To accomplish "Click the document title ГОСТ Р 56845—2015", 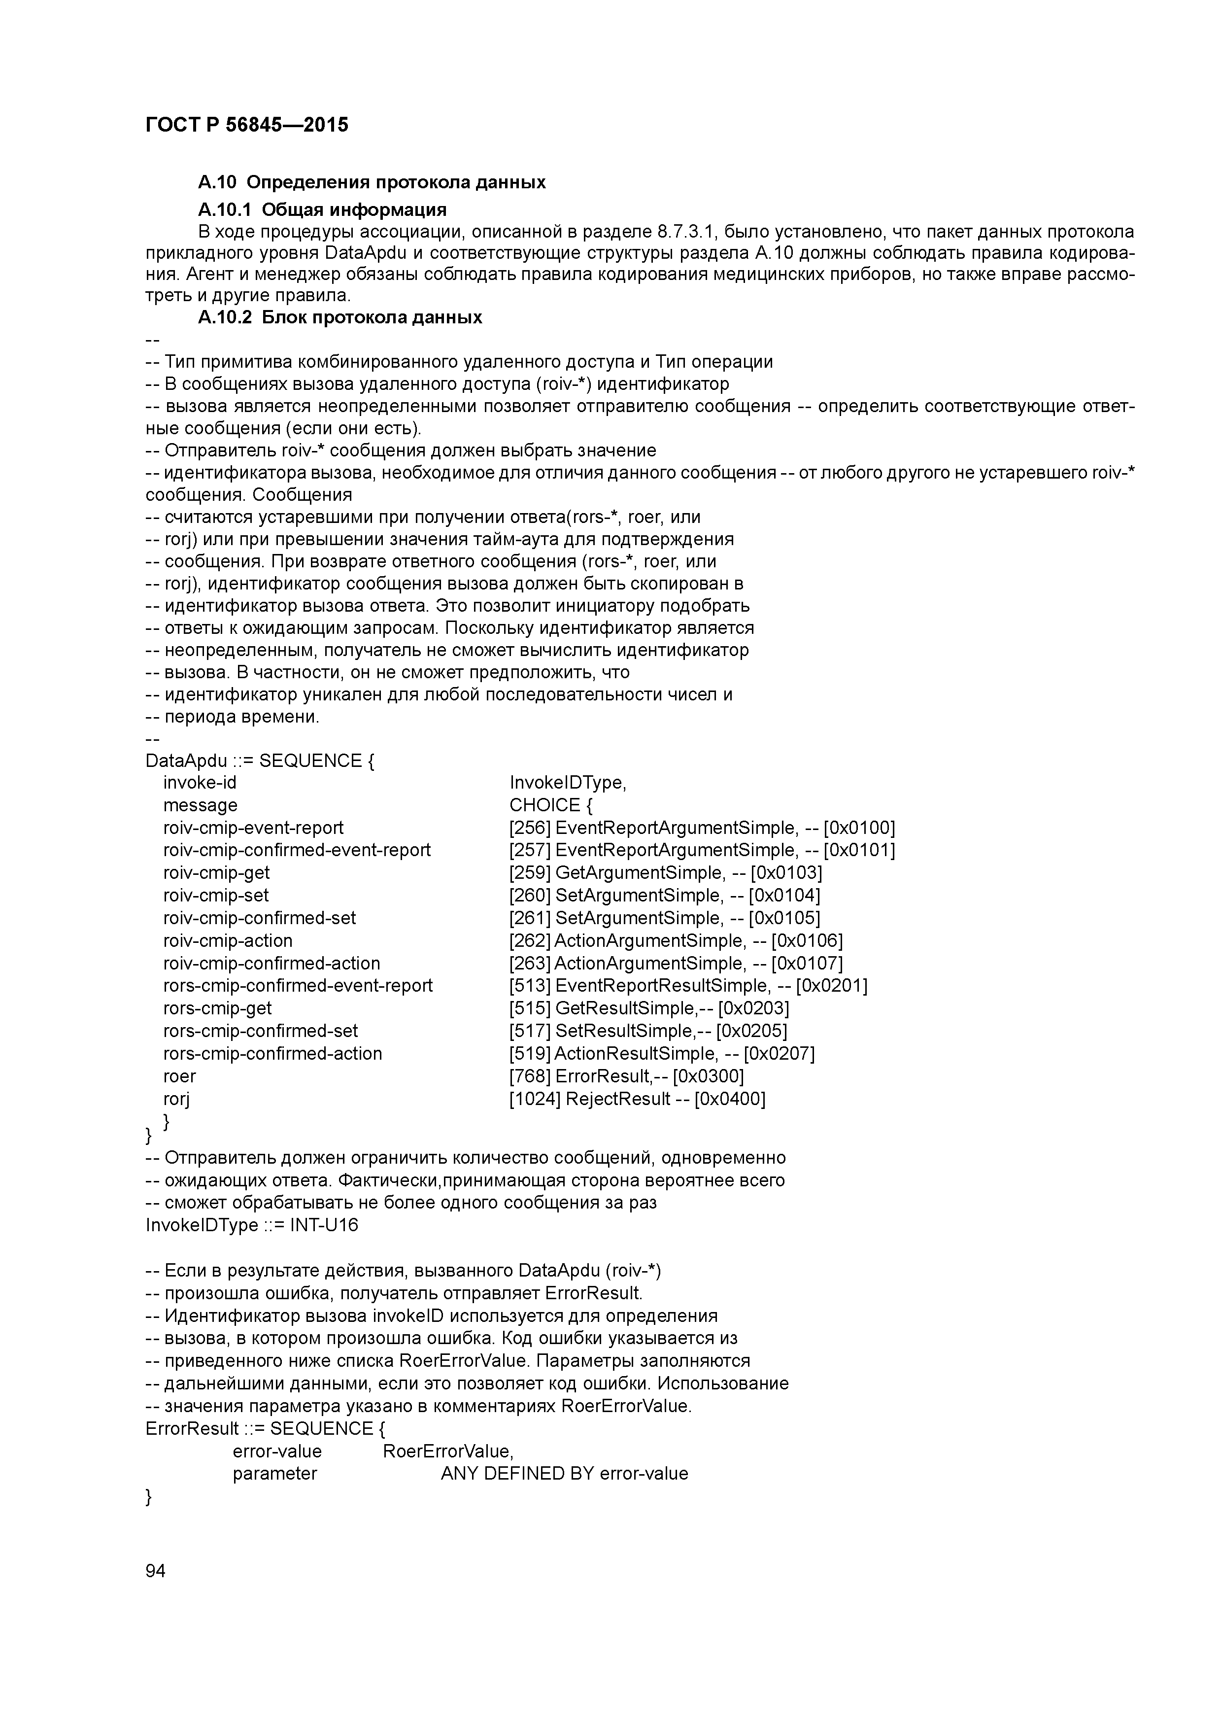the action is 246,125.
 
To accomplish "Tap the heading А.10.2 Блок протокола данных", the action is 339,317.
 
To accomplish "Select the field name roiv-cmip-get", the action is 216,873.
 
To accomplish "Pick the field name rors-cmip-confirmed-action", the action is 272,1053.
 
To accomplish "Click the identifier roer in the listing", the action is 179,1076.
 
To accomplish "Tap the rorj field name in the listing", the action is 176,1099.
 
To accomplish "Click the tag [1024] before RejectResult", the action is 535,1099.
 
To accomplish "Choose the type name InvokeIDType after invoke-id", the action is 568,783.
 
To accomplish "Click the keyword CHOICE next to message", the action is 544,806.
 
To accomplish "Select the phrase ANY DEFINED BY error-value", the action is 564,1474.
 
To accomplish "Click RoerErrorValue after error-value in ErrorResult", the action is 448,1451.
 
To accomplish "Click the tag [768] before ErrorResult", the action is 530,1076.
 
